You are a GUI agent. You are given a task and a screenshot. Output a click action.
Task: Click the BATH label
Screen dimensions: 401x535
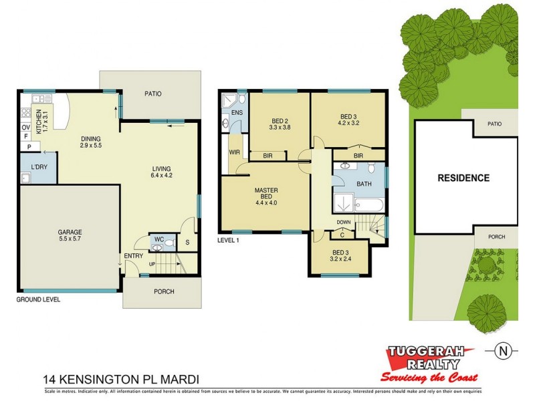(364, 183)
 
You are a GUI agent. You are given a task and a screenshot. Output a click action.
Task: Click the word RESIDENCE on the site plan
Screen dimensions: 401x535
(463, 178)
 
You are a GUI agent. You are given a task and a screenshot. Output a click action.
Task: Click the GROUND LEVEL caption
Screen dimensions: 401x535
(38, 300)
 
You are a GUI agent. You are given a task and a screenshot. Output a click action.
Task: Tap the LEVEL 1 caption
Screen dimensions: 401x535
(229, 241)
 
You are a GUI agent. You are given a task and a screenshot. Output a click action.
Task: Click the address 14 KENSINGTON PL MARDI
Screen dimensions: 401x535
(121, 378)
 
